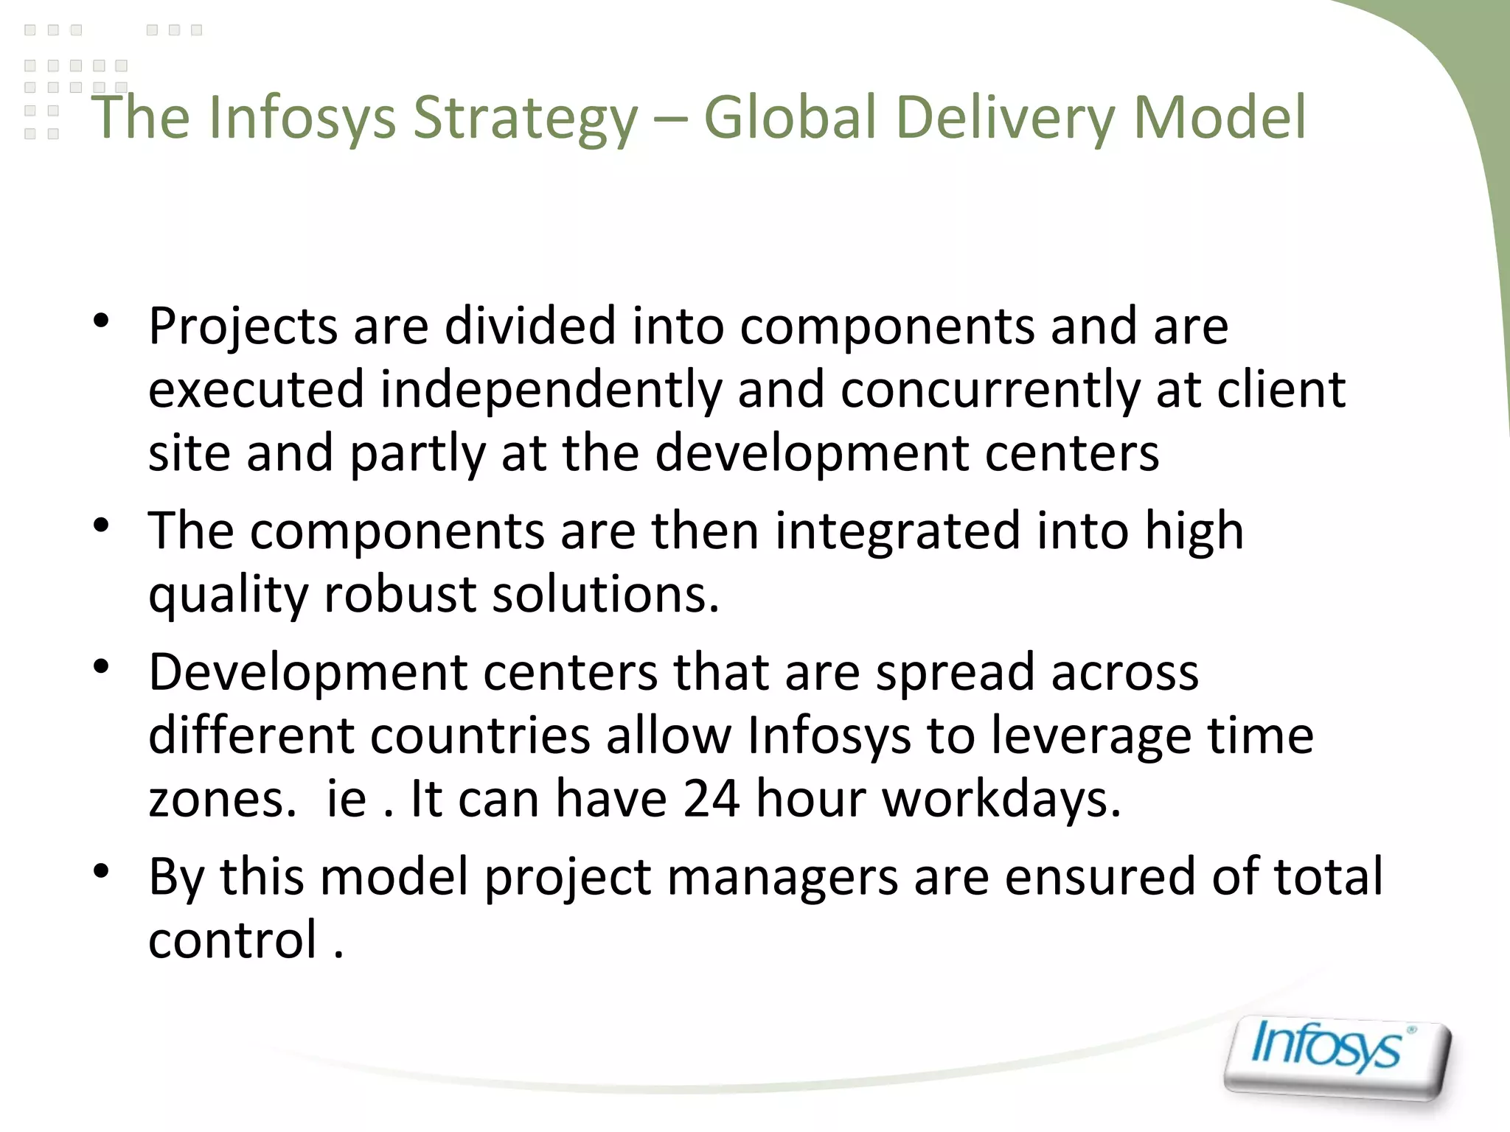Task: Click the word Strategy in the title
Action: [525, 118]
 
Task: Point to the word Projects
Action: [243, 326]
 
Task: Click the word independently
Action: [551, 390]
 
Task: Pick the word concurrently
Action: [990, 390]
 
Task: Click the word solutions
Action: [605, 594]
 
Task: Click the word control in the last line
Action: [233, 940]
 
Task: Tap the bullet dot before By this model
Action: [102, 871]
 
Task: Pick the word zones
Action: [223, 799]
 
